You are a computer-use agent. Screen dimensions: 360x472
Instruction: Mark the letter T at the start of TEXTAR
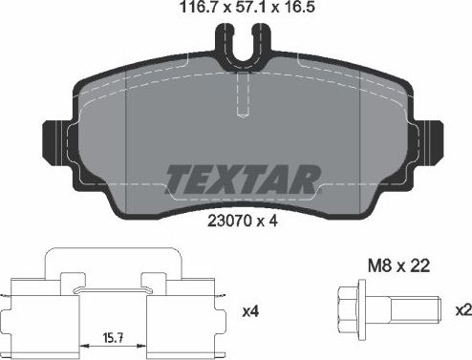click(x=179, y=178)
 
